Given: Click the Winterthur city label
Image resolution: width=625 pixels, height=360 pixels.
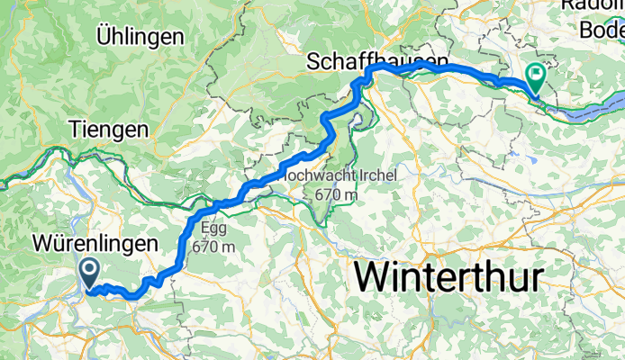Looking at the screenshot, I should (450, 276).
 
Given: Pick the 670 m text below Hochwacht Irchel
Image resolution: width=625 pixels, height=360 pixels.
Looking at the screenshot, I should (335, 193).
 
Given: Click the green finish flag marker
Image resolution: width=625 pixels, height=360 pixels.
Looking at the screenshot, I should (534, 78).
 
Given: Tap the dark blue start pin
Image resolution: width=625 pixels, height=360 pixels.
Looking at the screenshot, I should (90, 272).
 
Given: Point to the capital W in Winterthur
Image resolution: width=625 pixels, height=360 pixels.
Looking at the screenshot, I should (375, 276).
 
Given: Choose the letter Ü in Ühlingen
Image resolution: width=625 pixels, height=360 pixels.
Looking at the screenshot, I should (104, 37).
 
